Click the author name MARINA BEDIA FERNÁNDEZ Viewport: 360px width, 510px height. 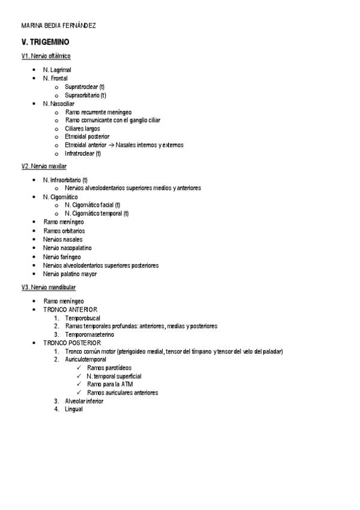pos(58,25)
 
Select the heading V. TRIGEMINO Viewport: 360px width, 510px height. pos(45,42)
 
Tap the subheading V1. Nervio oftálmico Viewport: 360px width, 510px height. pos(46,56)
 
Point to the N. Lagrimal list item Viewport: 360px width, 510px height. pos(57,70)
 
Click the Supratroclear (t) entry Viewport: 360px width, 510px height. pos(85,87)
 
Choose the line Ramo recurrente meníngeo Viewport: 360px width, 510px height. pos(98,112)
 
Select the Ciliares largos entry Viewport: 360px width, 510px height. pos(82,128)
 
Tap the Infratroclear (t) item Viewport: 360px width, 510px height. pos(83,153)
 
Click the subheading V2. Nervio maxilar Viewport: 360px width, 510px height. pos(44,166)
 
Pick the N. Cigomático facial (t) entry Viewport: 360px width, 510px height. pos(93,205)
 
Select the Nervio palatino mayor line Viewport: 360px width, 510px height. pos(70,274)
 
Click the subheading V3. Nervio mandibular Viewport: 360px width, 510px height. pos(49,287)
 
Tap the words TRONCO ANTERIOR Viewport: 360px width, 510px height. pos(70,309)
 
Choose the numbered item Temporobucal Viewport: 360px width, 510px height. pos(83,318)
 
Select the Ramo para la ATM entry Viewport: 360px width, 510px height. pos(109,384)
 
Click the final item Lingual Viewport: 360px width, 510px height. pos(73,409)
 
